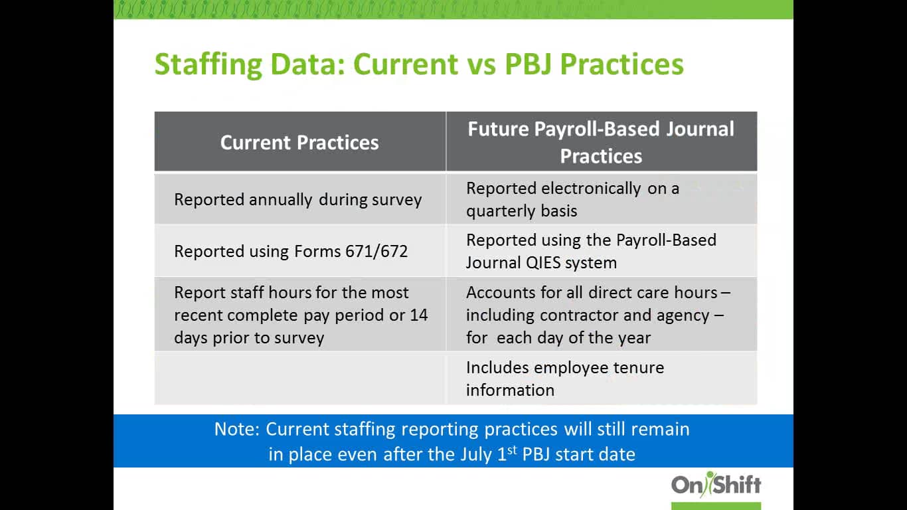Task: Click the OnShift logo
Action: click(716, 485)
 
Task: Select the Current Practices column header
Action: click(299, 142)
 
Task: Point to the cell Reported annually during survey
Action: click(297, 199)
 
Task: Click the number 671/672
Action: click(376, 251)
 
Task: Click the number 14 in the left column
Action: click(418, 315)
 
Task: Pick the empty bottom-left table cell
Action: click(299, 378)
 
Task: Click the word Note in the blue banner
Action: click(236, 429)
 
